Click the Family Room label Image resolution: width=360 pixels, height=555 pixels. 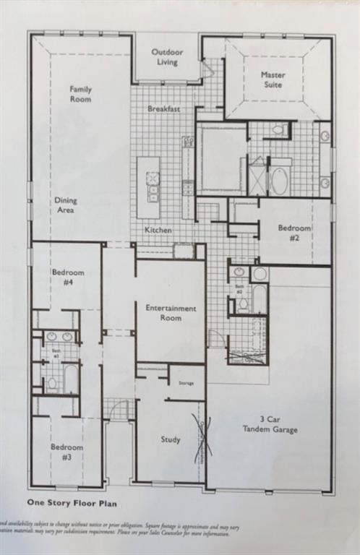[80, 94]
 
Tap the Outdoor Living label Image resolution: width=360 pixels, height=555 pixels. [167, 57]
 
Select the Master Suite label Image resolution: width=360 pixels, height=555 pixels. [273, 79]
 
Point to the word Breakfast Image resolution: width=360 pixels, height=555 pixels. [163, 109]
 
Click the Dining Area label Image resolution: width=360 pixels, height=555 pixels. [65, 205]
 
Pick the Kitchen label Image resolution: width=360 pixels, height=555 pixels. [158, 230]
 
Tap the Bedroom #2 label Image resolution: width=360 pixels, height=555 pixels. [294, 233]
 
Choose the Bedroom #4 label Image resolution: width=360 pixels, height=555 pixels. [67, 277]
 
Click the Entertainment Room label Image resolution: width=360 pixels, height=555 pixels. [171, 313]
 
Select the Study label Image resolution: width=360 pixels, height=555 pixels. [171, 439]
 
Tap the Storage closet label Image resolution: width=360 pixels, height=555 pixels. [187, 384]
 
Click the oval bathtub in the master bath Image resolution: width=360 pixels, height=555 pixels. [279, 181]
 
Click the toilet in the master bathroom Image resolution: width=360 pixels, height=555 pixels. [278, 130]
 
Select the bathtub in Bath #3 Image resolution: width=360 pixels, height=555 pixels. [71, 377]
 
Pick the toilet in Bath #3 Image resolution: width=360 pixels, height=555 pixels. [51, 383]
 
